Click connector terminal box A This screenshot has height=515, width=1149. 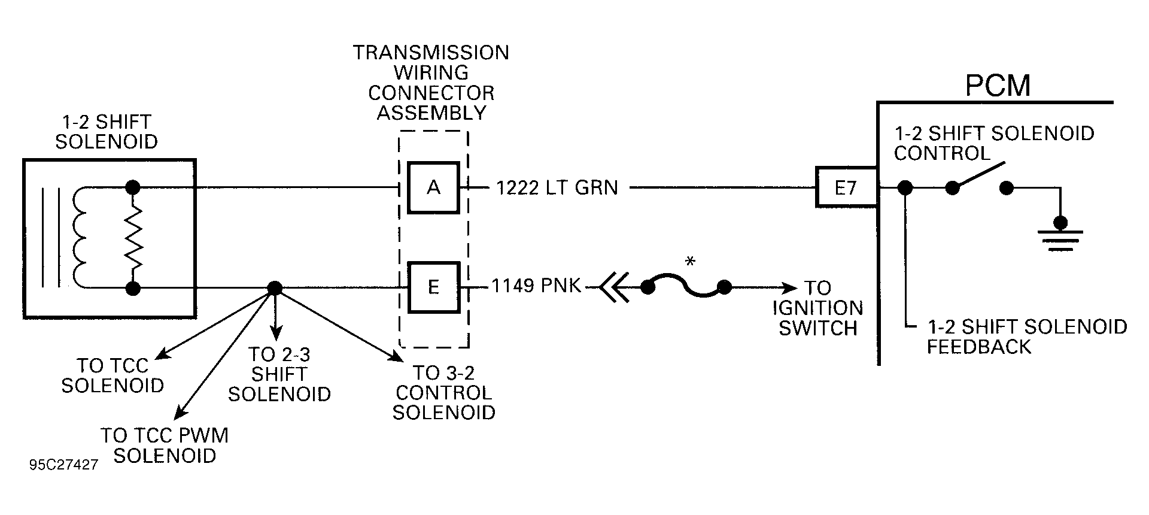tap(434, 187)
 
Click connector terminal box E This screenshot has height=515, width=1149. tap(434, 287)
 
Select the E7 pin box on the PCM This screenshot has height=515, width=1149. tap(846, 187)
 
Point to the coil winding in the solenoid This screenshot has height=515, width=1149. tap(80, 238)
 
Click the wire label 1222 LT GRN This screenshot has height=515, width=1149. tap(557, 187)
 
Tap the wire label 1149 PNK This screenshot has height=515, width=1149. tap(536, 286)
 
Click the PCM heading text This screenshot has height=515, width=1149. tap(998, 85)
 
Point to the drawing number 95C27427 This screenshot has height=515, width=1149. tap(63, 465)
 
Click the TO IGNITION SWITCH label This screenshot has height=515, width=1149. tap(818, 308)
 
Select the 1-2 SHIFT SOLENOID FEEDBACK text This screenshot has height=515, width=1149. tap(1026, 336)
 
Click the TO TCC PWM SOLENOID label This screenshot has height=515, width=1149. tap(165, 445)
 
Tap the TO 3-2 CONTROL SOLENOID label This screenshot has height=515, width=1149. tap(443, 392)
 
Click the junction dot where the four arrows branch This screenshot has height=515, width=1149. tap(274, 288)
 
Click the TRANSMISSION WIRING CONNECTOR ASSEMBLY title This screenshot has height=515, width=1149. tap(431, 82)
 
